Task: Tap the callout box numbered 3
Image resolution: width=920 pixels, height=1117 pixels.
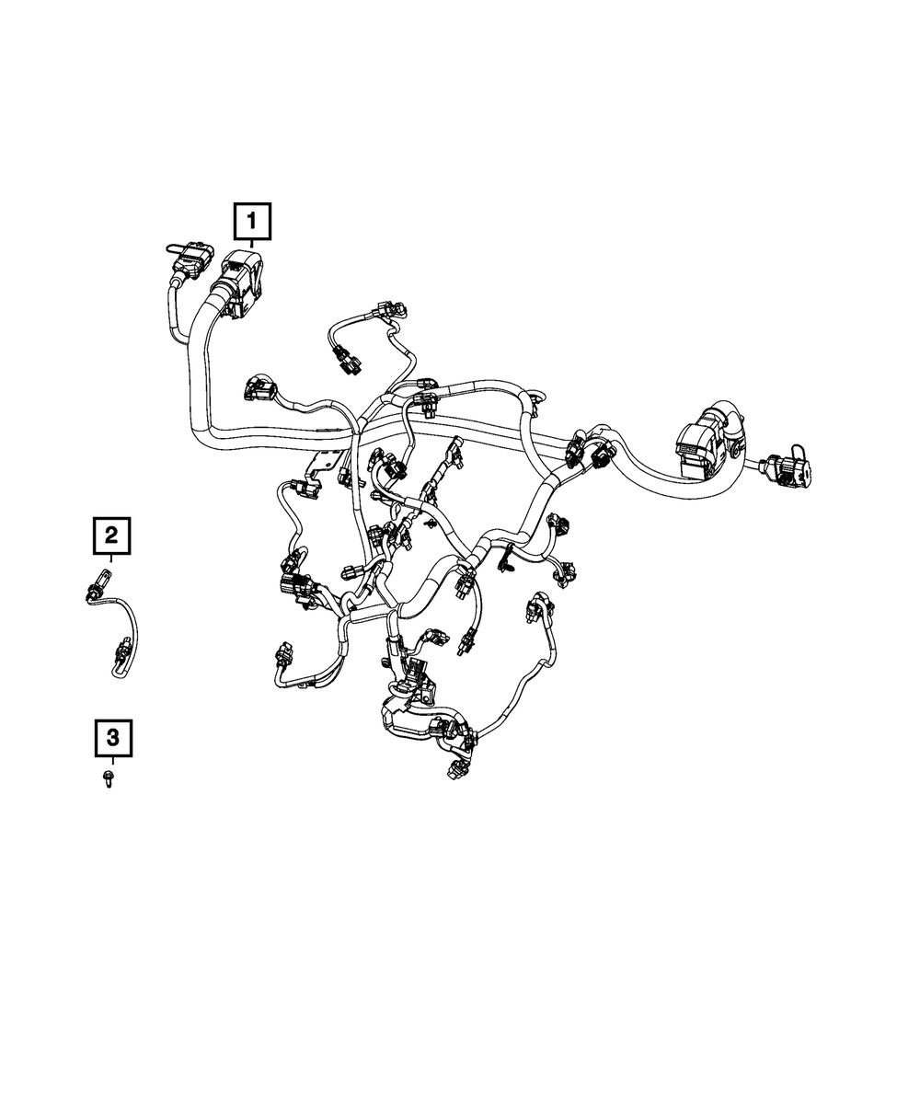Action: tap(112, 737)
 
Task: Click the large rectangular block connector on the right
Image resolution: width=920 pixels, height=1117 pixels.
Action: tap(699, 445)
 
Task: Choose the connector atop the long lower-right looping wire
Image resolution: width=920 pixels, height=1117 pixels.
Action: tap(535, 607)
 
